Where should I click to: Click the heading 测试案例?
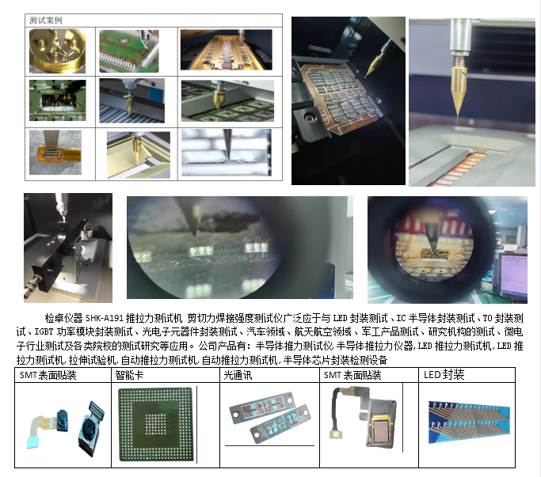pos(45,21)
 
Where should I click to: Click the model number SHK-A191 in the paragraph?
pos(105,318)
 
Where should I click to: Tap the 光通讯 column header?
pos(238,375)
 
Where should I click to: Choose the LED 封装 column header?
pos(444,375)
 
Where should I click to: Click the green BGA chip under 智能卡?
pos(155,425)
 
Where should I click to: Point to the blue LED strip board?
pos(469,422)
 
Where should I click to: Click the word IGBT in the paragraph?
pos(44,332)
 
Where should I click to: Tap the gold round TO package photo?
pos(57,51)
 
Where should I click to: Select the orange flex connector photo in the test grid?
pos(55,153)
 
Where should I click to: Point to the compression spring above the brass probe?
pos(458,62)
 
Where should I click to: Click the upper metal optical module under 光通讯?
pos(262,407)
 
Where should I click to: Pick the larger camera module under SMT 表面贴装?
pos(90,428)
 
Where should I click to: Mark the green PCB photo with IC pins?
pos(129,51)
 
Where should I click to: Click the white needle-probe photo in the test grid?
pos(227,153)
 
